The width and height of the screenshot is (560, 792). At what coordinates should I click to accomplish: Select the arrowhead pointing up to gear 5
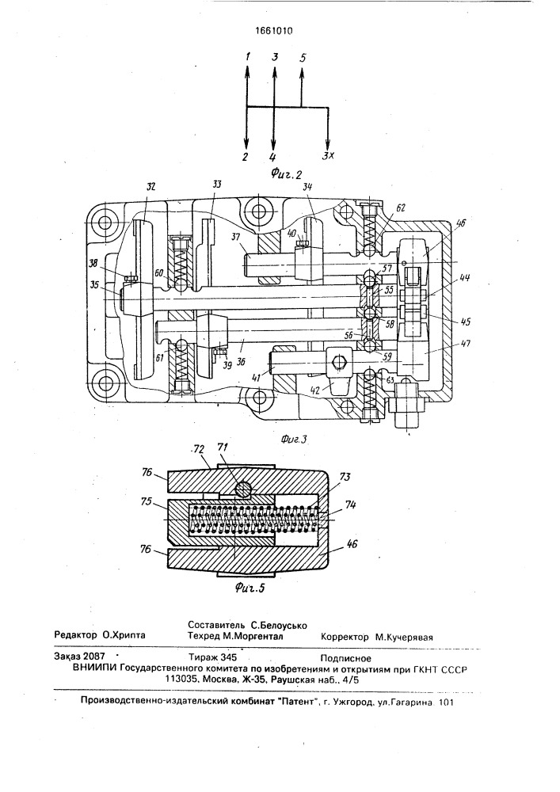[302, 71]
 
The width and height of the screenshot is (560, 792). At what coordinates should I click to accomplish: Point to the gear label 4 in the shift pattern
[272, 157]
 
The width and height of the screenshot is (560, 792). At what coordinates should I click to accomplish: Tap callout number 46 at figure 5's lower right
[352, 546]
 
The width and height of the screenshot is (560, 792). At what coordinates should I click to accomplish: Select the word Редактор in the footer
[76, 635]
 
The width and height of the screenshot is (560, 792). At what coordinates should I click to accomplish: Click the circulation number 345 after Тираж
[228, 657]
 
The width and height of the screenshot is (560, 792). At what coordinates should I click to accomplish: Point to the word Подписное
[345, 657]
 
